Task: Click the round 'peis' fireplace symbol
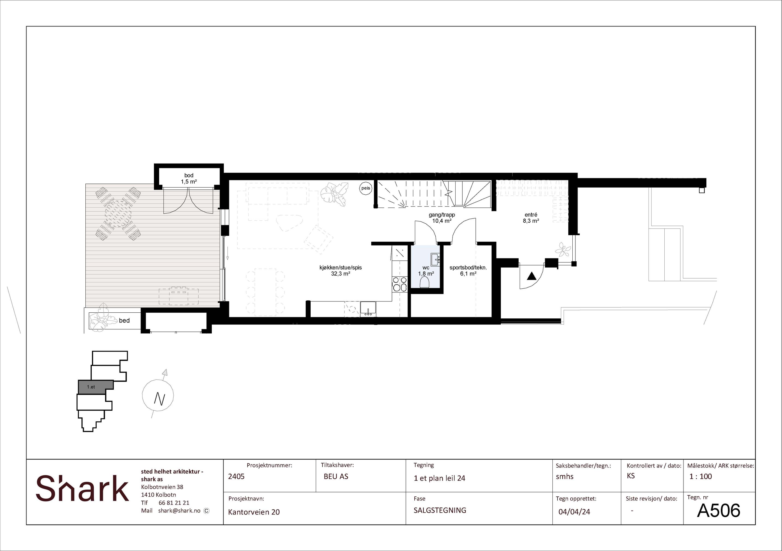click(366, 188)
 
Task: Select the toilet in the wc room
click(425, 282)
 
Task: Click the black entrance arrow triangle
click(531, 276)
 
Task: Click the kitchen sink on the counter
click(368, 307)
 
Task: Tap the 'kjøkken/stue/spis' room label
click(341, 268)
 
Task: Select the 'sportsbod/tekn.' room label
click(468, 268)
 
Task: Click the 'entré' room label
click(531, 215)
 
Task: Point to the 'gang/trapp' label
click(442, 215)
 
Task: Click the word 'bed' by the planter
click(124, 320)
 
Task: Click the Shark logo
click(82, 488)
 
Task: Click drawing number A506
click(719, 510)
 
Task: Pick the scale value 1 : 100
click(701, 476)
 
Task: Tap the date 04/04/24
click(574, 511)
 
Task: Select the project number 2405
click(236, 476)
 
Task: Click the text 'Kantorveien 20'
click(254, 512)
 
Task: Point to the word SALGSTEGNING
click(440, 510)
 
